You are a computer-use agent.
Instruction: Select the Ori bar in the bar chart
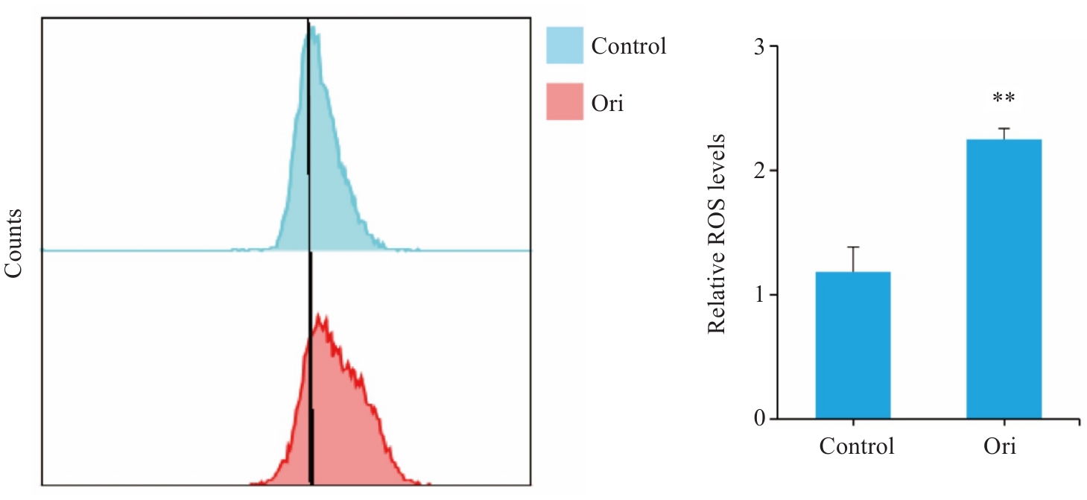click(x=1004, y=279)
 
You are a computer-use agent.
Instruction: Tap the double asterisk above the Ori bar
click(x=1004, y=99)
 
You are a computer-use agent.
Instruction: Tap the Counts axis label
click(x=16, y=243)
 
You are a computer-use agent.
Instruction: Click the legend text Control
click(x=628, y=46)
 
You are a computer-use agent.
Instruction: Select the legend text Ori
click(x=607, y=103)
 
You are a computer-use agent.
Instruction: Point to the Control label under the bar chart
click(x=857, y=447)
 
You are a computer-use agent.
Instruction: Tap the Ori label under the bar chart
click(x=998, y=447)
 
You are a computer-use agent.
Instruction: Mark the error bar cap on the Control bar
click(x=852, y=247)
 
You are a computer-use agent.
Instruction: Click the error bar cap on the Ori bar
click(x=1004, y=128)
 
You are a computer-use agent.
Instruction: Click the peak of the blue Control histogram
click(x=314, y=28)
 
